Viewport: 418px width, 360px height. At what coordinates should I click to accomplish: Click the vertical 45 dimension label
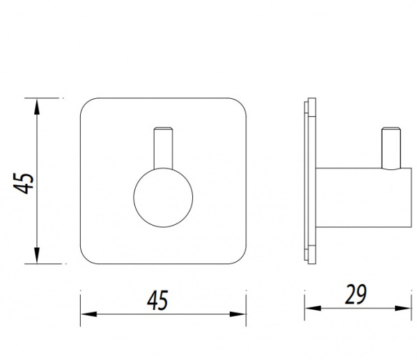pyautogui.click(x=24, y=183)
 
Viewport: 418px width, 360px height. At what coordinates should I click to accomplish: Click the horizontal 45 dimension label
pyautogui.click(x=157, y=300)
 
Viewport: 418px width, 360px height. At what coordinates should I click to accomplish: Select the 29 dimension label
pyautogui.click(x=355, y=294)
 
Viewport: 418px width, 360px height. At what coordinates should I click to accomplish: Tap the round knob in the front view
pyautogui.click(x=163, y=198)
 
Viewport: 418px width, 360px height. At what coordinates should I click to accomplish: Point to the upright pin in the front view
pyautogui.click(x=163, y=148)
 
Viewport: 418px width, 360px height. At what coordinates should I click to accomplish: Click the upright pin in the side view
pyautogui.click(x=391, y=148)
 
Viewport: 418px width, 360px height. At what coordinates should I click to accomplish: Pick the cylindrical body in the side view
pyautogui.click(x=364, y=198)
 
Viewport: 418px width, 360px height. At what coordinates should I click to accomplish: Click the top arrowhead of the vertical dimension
pyautogui.click(x=37, y=107)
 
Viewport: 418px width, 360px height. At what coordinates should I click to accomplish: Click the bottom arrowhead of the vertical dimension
pyautogui.click(x=37, y=256)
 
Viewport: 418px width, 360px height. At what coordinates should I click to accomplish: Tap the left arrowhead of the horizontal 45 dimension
pyautogui.click(x=88, y=314)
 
